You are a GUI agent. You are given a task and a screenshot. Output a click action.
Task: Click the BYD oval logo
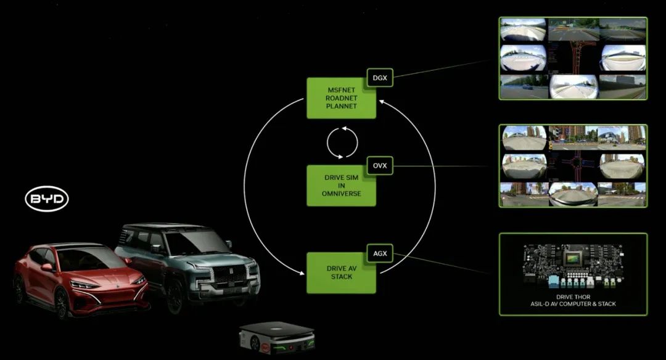pos(47,198)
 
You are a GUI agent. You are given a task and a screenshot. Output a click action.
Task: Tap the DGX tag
pos(380,78)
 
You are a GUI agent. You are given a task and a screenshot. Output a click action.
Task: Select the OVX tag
pos(380,166)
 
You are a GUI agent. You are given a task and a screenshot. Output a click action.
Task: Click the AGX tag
pos(380,253)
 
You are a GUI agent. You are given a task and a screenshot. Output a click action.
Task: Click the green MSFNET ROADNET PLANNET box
pos(341,98)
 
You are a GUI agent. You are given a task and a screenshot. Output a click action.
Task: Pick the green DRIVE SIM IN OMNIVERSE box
pos(341,186)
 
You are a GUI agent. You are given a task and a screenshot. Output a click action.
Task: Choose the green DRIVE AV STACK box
pos(341,272)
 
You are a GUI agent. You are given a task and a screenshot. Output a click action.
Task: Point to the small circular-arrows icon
pos(342,142)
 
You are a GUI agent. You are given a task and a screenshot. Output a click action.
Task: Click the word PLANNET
pos(342,106)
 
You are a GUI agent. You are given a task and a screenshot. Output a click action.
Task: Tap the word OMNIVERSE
pos(342,194)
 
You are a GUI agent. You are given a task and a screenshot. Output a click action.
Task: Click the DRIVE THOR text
pos(573,297)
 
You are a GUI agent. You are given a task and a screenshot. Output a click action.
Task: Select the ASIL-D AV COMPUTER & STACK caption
pos(573,304)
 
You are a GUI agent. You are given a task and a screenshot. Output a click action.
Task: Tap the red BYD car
pos(81,279)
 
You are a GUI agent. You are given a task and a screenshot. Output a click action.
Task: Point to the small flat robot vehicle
pos(277,337)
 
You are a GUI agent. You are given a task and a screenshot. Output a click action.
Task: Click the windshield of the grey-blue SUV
pos(192,242)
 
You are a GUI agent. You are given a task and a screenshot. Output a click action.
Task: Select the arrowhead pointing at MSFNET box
pos(382,102)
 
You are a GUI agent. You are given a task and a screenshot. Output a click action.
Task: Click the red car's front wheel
pos(61,303)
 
